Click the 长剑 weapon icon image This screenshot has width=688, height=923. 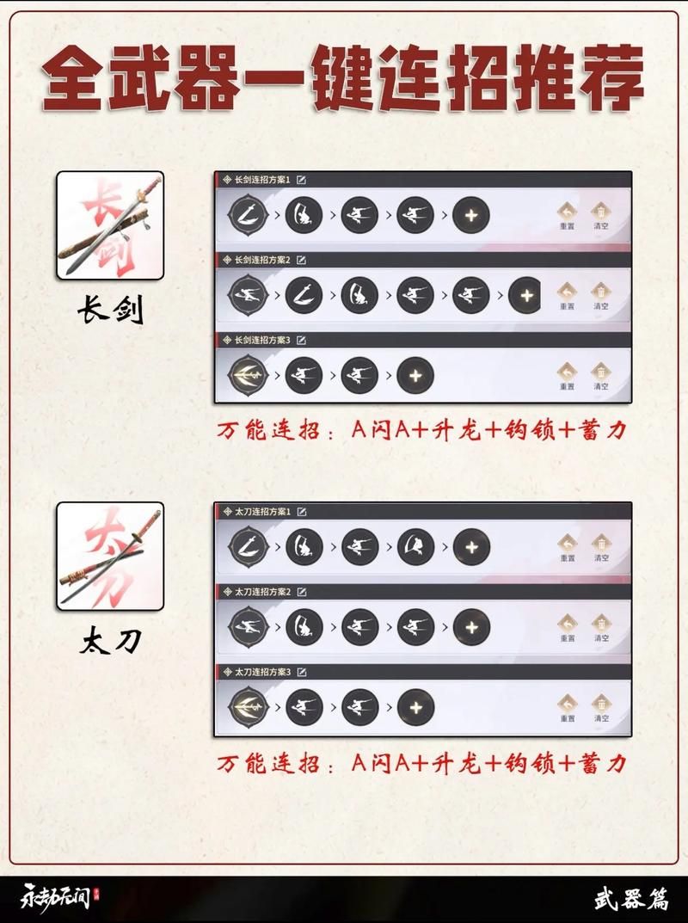click(110, 225)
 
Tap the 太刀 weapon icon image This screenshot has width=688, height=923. click(110, 556)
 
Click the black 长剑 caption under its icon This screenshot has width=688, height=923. click(110, 311)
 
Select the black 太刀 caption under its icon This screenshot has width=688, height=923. click(110, 641)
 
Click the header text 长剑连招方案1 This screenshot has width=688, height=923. click(262, 180)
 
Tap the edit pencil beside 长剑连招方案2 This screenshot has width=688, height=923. click(302, 259)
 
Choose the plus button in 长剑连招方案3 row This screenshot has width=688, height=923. click(415, 375)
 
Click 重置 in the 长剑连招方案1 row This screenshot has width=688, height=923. click(567, 215)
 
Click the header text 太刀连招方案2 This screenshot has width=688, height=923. click(262, 592)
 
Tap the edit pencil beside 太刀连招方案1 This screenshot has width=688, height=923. click(302, 512)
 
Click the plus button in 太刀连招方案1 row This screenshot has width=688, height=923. click(470, 546)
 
